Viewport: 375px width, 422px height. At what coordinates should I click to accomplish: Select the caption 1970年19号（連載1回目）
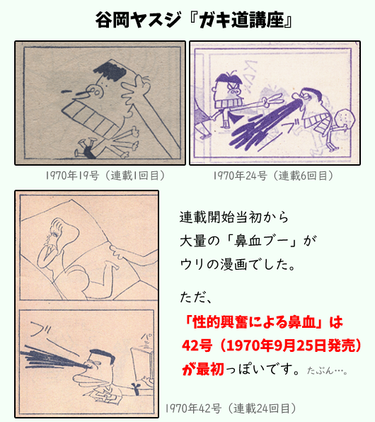click(99, 175)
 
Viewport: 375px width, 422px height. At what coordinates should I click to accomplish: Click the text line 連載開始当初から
click(230, 215)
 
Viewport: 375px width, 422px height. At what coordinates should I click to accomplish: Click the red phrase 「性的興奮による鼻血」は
click(261, 322)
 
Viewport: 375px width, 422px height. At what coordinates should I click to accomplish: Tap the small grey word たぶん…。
click(326, 370)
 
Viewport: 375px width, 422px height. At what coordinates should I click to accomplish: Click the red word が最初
click(201, 369)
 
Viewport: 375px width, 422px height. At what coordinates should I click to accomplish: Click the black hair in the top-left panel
click(107, 71)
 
